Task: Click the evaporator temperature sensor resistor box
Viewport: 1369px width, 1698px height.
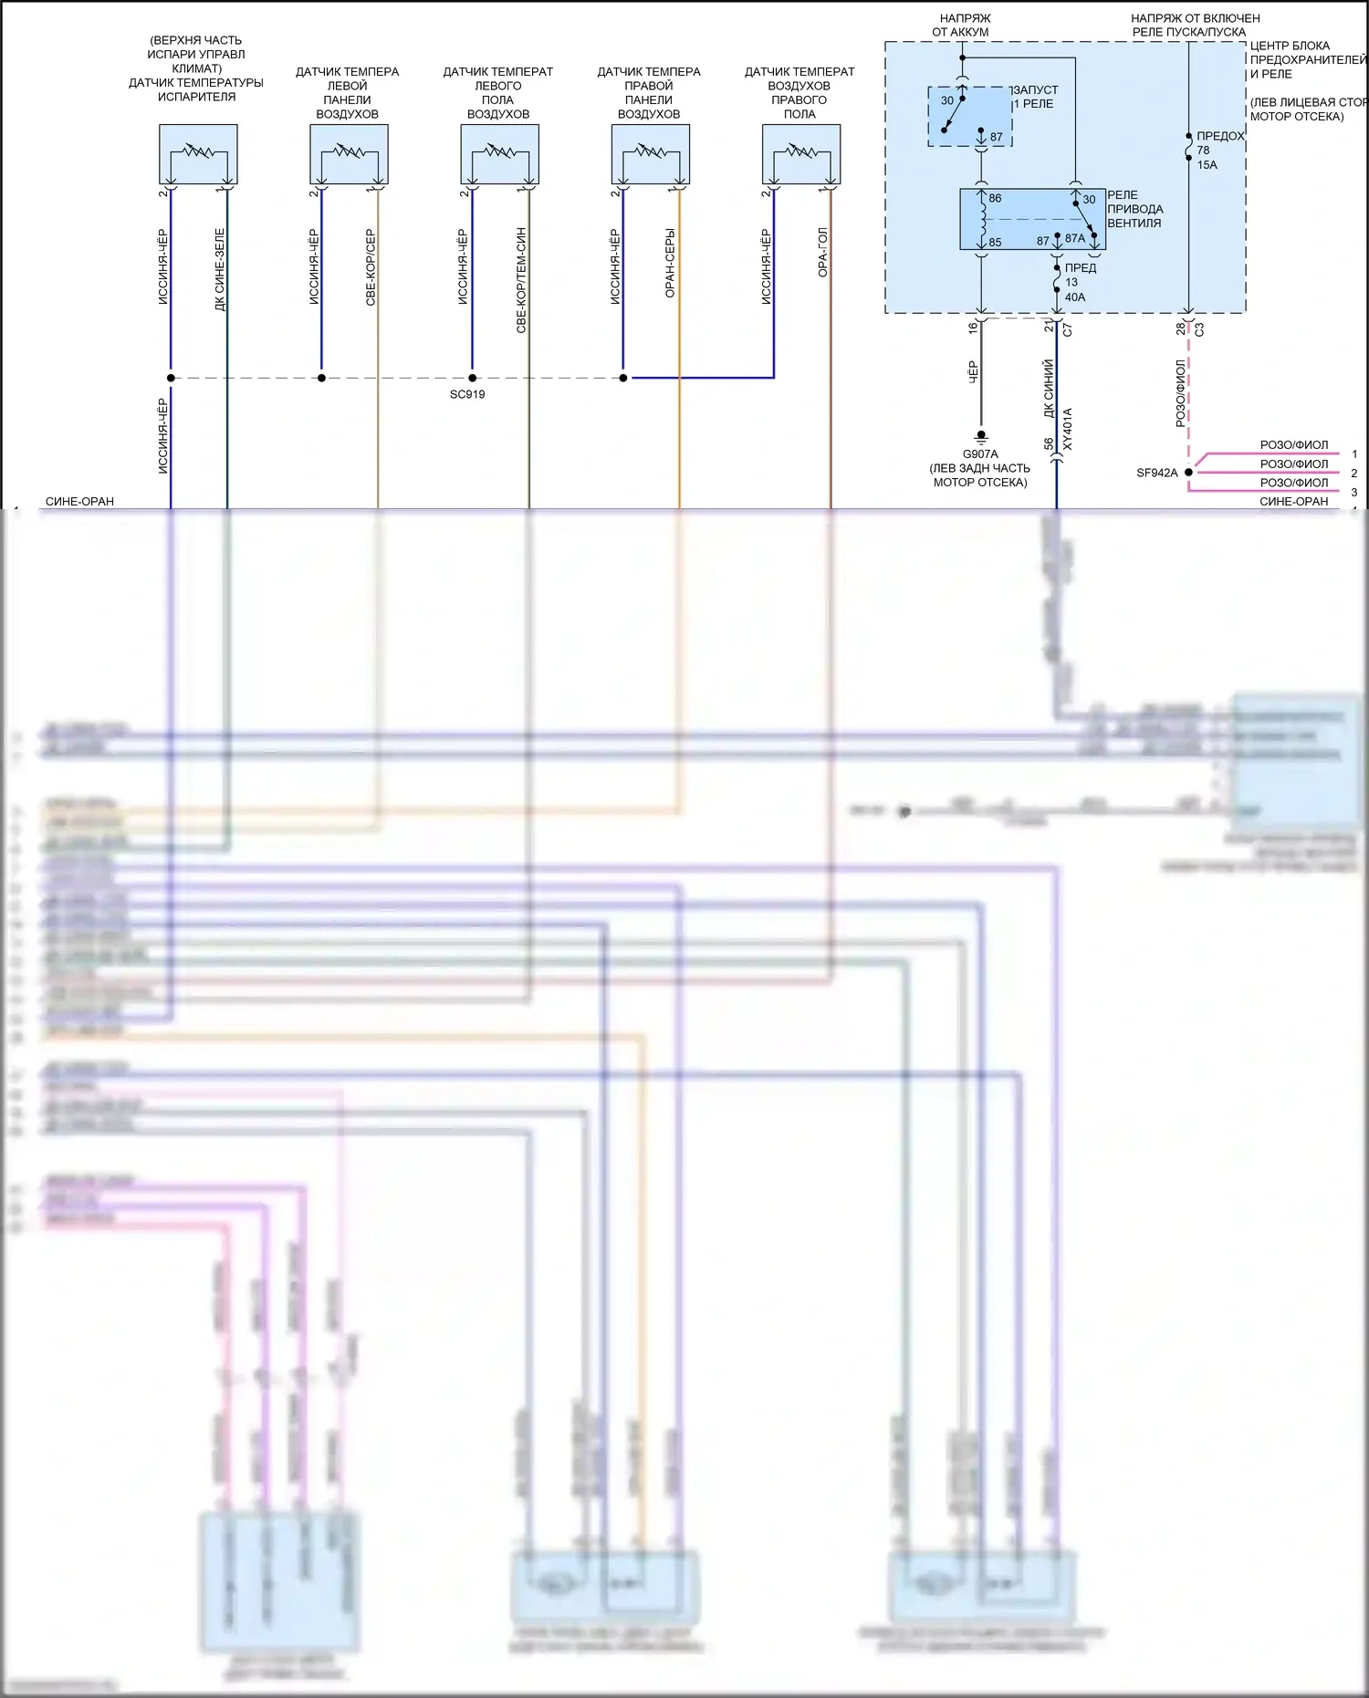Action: pos(198,154)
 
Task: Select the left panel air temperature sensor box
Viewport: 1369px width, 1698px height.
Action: pos(349,154)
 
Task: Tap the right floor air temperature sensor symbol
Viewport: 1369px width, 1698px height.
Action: pos(800,154)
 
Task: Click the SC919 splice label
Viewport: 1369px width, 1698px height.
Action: pos(467,394)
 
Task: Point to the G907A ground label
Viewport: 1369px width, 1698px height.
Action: pos(980,453)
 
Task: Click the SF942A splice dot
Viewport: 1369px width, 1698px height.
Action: pos(1188,473)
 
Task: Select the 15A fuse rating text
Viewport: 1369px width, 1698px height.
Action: pos(1207,165)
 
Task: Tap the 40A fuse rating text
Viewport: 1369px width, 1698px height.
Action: pos(1075,297)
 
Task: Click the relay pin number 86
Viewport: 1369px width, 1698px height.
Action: pos(995,198)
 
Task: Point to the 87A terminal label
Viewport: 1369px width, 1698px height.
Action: pos(1075,239)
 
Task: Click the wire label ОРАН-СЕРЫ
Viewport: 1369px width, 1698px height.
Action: pos(670,263)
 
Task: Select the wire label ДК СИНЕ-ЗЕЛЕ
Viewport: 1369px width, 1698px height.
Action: pos(220,269)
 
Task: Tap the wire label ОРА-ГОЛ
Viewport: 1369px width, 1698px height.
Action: pos(822,253)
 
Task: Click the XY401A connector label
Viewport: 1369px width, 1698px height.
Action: pos(1068,429)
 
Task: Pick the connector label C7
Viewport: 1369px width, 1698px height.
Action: pos(1068,329)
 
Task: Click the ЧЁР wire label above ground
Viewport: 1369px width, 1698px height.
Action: pos(972,371)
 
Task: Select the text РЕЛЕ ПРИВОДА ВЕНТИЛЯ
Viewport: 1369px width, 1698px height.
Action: pos(1134,209)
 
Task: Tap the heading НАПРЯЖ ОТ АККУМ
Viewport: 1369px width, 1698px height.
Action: pos(961,25)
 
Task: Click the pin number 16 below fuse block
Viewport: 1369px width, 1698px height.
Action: pos(973,327)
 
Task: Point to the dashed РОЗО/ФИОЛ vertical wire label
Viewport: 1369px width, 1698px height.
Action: pos(1180,392)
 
